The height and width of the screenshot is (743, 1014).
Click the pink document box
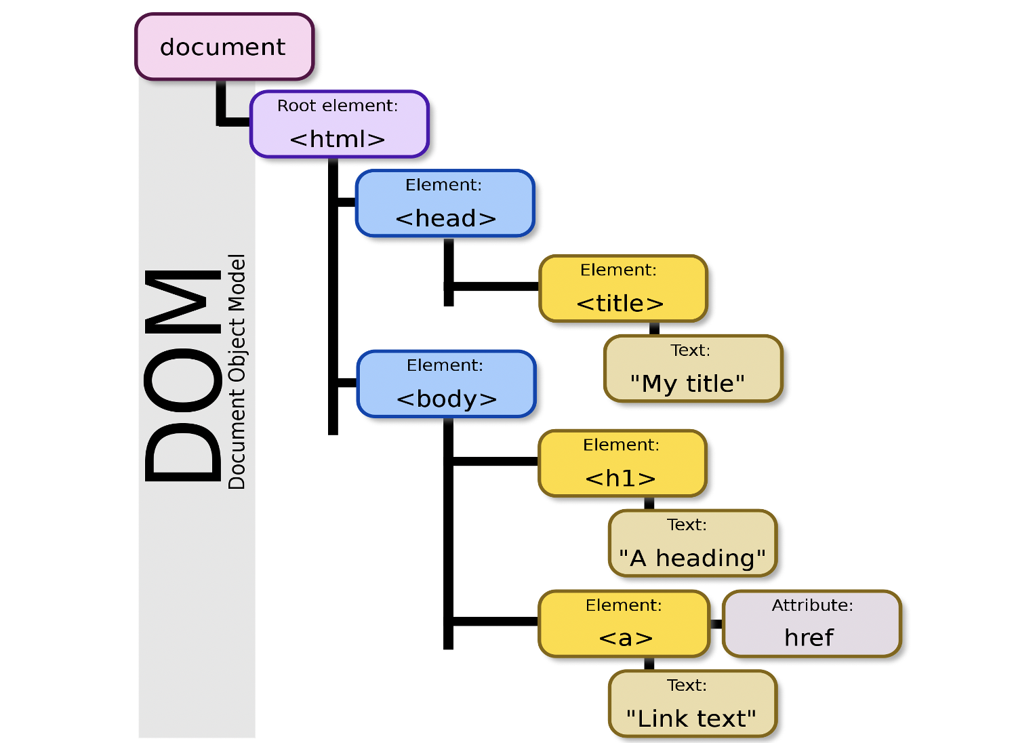[x=224, y=47]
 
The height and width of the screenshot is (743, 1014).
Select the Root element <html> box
[x=339, y=125]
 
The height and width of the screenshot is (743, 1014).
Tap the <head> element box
[x=445, y=203]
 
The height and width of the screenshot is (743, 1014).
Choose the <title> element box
[x=622, y=289]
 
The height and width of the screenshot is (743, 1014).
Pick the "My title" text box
[x=693, y=369]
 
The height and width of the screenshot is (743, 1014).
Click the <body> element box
[x=446, y=384]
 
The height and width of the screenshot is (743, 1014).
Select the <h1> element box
[x=622, y=464]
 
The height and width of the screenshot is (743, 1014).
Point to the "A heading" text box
[x=692, y=544]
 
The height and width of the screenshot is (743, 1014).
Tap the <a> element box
[x=624, y=624]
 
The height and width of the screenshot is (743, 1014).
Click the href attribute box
[x=811, y=624]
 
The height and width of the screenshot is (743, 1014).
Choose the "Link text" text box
[x=692, y=704]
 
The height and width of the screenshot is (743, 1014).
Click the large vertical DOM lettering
[x=182, y=376]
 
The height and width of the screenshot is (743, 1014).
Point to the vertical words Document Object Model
[x=237, y=371]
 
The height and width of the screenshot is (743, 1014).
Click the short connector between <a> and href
[x=716, y=624]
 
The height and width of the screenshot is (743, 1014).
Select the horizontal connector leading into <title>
[x=495, y=286]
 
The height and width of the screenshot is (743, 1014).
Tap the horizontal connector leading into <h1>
[x=495, y=461]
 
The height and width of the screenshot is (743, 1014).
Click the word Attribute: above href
[x=812, y=605]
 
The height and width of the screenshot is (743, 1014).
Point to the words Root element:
[x=338, y=106]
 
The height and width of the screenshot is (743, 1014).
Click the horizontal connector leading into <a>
[x=495, y=621]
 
